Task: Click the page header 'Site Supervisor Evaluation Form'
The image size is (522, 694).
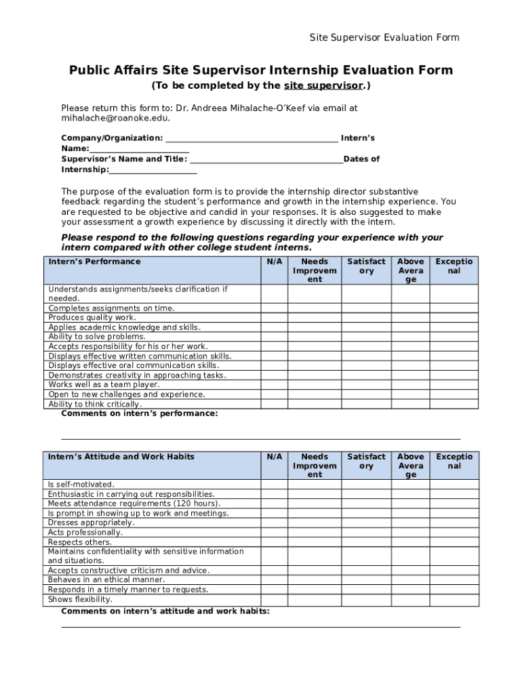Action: click(384, 37)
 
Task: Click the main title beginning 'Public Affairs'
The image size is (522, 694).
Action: click(261, 70)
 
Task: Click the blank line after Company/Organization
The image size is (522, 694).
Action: click(252, 138)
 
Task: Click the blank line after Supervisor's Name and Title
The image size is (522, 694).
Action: click(266, 159)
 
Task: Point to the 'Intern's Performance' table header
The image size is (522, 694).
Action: click(94, 262)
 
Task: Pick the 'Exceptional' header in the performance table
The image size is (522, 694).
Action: click(454, 266)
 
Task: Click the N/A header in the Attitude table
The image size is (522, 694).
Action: click(274, 457)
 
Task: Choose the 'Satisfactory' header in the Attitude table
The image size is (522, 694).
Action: click(366, 462)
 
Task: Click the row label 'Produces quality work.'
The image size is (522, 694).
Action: click(92, 318)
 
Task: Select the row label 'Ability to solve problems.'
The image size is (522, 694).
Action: click(97, 337)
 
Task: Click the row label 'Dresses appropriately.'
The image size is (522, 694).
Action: click(92, 523)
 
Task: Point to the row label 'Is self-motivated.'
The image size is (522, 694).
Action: click(81, 485)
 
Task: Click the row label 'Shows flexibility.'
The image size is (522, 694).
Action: click(80, 600)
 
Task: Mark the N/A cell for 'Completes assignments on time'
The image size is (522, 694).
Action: click(274, 308)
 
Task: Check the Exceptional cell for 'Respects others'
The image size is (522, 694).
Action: click(454, 542)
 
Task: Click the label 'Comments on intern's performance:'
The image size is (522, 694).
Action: click(140, 414)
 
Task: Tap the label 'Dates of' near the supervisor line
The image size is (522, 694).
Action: click(361, 159)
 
